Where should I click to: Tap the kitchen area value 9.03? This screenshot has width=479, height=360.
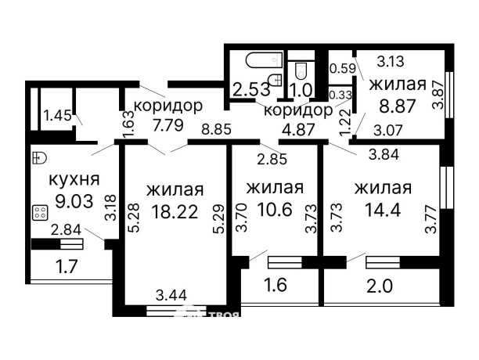[70, 200]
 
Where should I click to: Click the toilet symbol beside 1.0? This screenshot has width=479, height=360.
[299, 71]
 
